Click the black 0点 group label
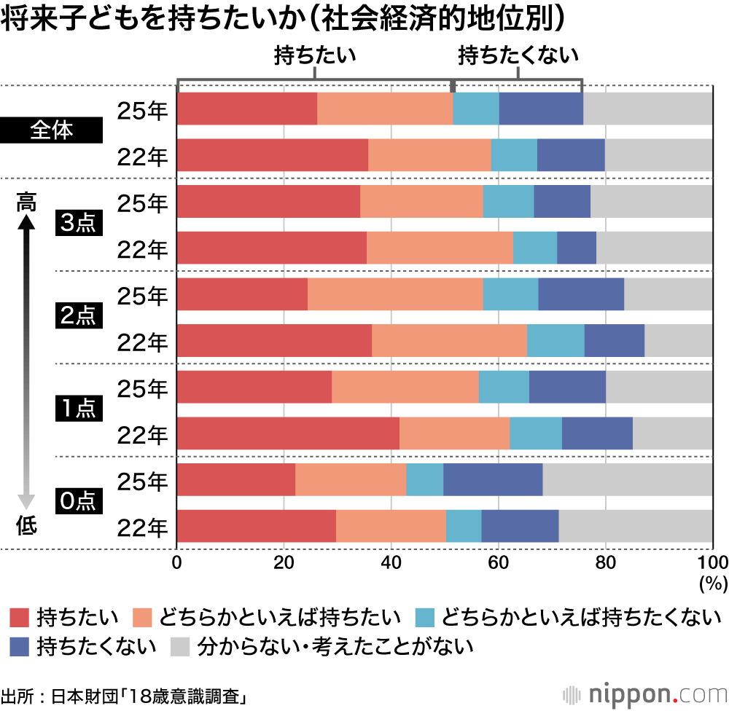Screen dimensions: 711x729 click(x=77, y=502)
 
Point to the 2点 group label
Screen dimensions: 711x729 click(x=77, y=317)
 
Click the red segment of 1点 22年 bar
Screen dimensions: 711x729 click(x=288, y=434)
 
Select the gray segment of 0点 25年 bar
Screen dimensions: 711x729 click(x=627, y=479)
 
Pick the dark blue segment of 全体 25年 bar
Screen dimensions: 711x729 click(x=541, y=109)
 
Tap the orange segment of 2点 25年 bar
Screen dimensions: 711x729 click(x=395, y=294)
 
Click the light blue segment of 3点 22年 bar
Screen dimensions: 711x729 click(x=535, y=248)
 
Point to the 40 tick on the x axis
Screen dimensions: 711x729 click(x=391, y=562)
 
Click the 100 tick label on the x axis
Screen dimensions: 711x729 click(x=712, y=562)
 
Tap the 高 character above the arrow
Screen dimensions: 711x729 click(x=26, y=201)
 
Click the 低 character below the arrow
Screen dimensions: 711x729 click(x=26, y=525)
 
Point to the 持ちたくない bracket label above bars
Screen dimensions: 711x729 click(x=518, y=56)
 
